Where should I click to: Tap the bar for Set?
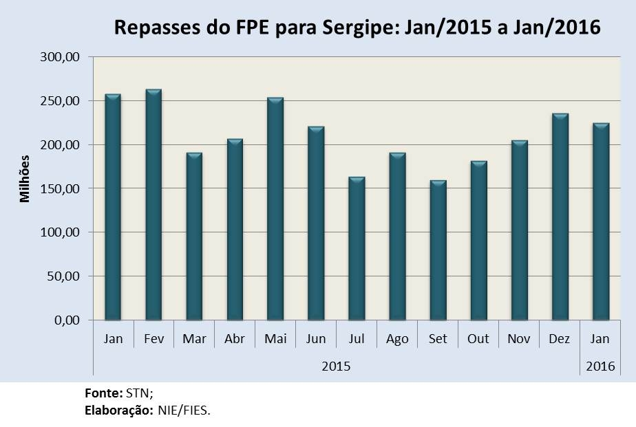tap(438, 250)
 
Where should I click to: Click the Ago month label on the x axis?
tap(397, 339)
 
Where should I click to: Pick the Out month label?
tap(478, 339)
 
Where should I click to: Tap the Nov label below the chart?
tap(519, 339)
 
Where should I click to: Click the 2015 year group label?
tap(336, 366)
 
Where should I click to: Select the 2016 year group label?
tap(600, 366)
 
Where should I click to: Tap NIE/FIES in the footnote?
tap(187, 410)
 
